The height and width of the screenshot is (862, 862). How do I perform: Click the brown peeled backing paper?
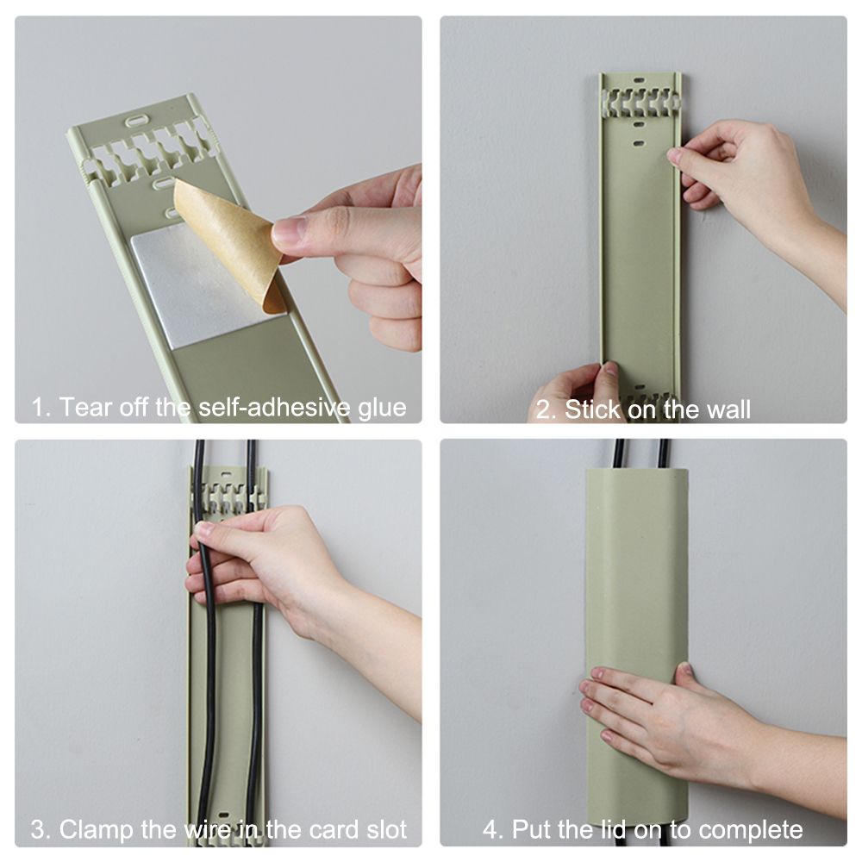[x=231, y=242]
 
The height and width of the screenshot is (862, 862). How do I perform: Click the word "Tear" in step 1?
[x=84, y=408]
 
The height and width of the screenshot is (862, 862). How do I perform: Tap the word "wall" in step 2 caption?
[x=728, y=409]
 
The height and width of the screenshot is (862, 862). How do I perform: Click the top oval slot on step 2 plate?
[x=638, y=80]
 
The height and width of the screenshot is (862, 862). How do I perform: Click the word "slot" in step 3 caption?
[x=387, y=829]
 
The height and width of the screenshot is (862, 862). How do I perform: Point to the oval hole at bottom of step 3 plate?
[x=224, y=815]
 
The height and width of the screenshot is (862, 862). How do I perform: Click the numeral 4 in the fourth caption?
[x=490, y=829]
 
